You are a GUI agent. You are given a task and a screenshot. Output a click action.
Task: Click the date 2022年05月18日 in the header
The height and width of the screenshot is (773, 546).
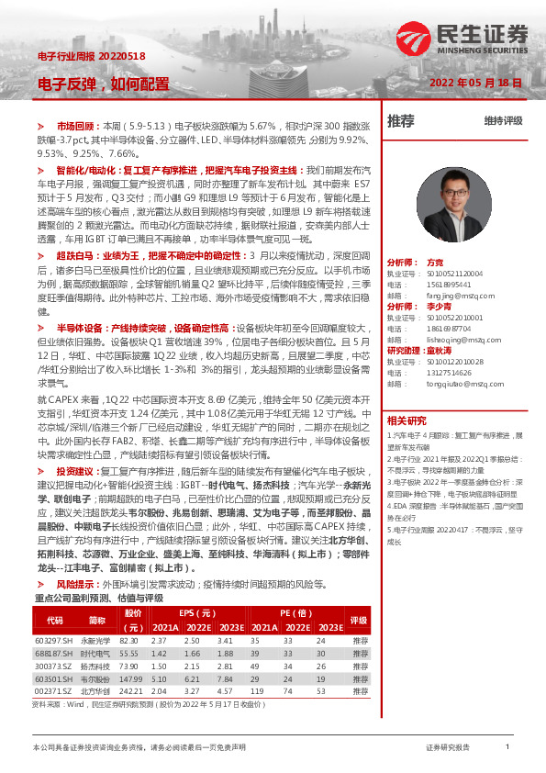point(475,83)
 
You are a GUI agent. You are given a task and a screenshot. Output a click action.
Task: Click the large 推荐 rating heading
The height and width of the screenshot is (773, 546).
point(401,120)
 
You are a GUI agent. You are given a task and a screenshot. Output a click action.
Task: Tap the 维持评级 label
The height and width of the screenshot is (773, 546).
point(503,121)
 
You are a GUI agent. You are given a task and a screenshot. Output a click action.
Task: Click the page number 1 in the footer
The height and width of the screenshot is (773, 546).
point(507,748)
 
